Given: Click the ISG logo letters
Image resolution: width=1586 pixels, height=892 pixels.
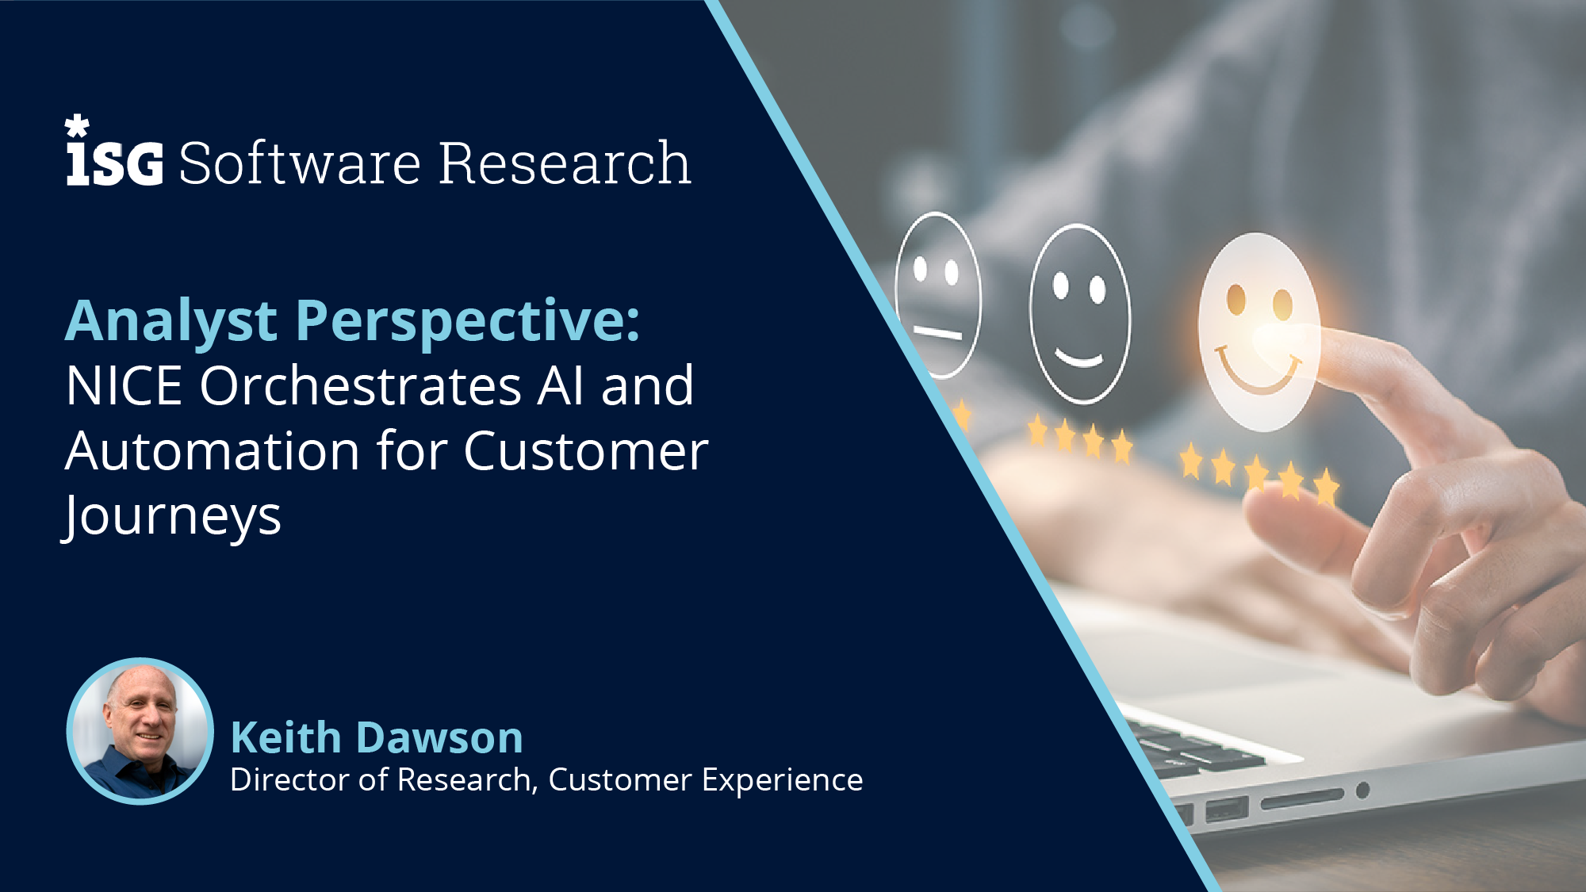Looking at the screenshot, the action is click(x=115, y=163).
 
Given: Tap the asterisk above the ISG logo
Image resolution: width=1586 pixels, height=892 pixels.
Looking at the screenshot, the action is click(x=77, y=126).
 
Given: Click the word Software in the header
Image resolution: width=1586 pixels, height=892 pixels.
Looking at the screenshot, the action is click(x=300, y=163).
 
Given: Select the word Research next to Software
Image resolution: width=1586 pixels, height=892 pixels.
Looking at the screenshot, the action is click(x=565, y=163).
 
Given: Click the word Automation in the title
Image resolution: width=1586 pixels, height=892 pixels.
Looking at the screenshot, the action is click(x=213, y=451).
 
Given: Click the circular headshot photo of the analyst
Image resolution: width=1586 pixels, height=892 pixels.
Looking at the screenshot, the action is click(x=140, y=731).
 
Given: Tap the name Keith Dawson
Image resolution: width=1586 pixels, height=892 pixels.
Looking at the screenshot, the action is click(x=377, y=737).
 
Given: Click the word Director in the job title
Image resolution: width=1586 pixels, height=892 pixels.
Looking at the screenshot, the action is click(x=289, y=779).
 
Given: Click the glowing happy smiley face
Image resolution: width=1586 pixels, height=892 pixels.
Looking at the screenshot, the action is click(x=1258, y=331).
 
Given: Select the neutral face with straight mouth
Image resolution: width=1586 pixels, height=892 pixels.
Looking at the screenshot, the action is click(x=938, y=295).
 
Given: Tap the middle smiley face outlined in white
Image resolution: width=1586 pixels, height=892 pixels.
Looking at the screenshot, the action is click(x=1080, y=314).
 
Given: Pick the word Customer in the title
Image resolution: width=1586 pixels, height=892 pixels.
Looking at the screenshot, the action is click(x=586, y=451).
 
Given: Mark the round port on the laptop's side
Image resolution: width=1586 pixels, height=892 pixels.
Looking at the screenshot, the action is click(x=1362, y=791).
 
